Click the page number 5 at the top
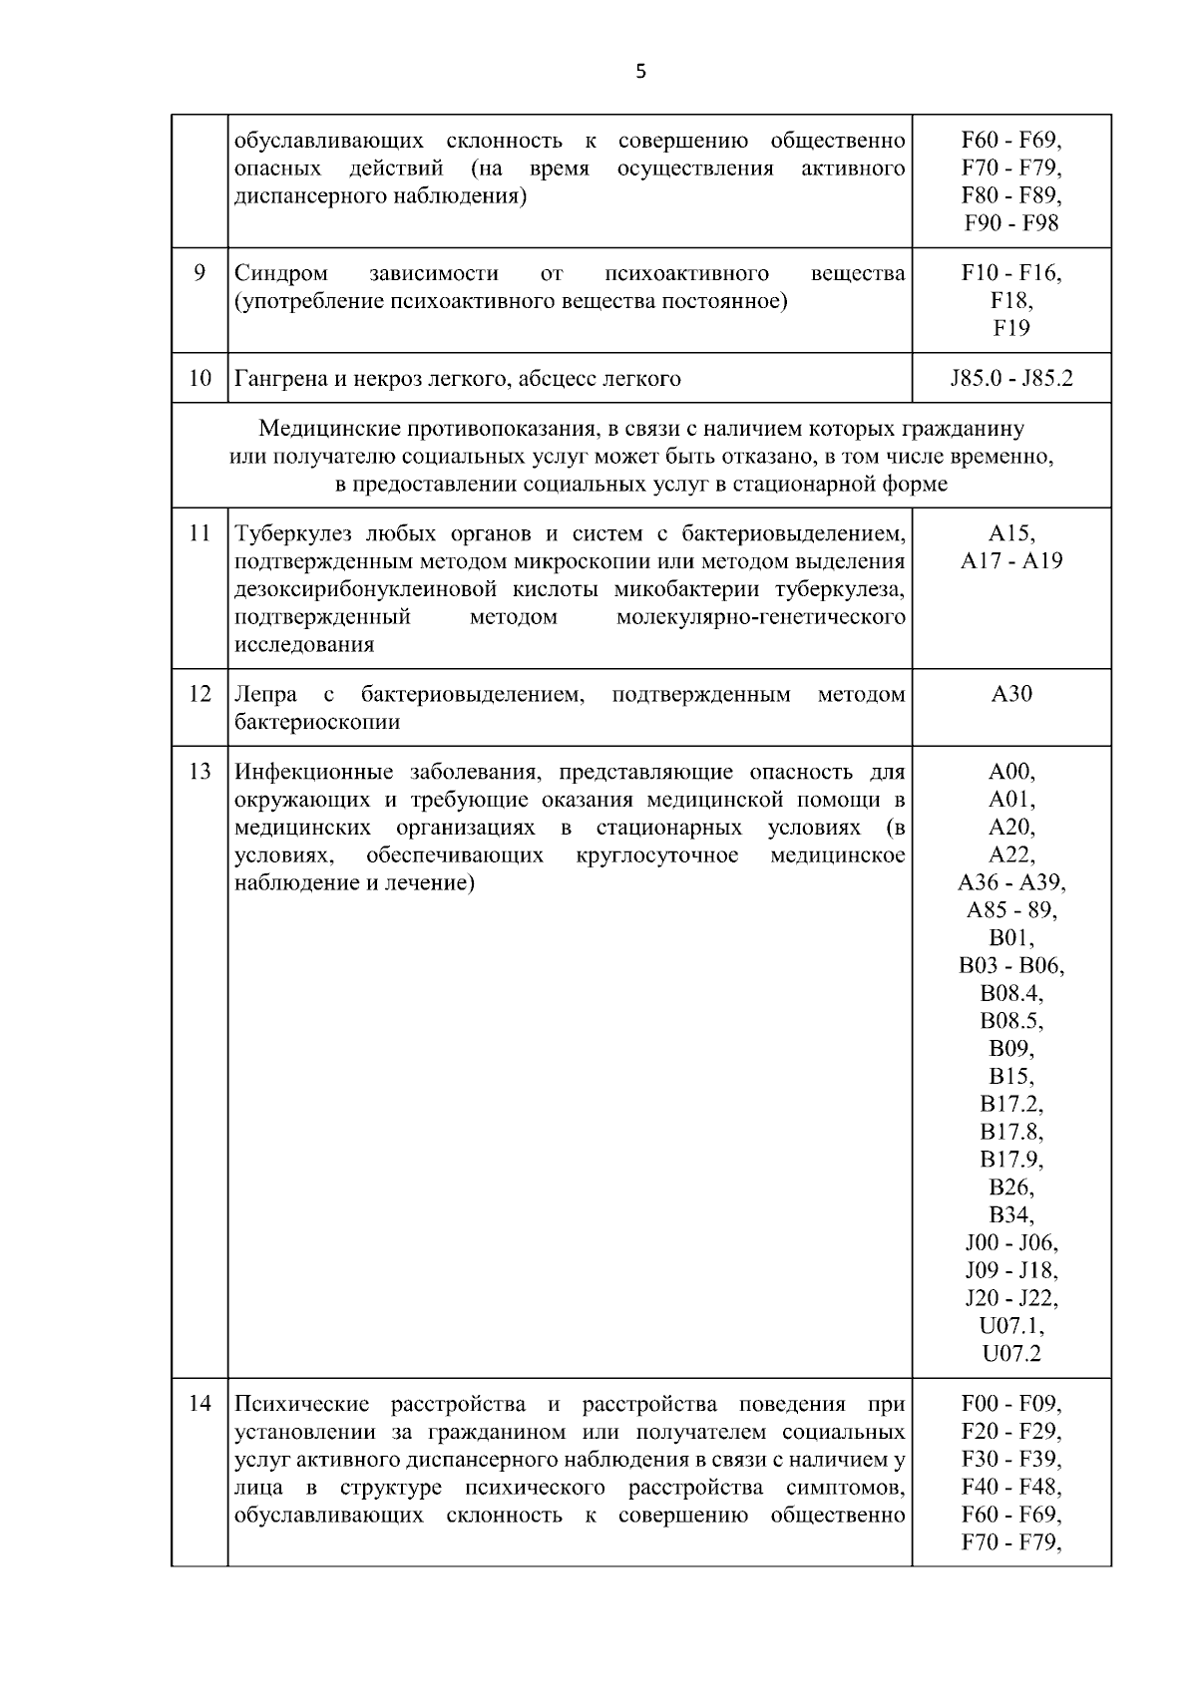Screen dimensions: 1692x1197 coord(640,72)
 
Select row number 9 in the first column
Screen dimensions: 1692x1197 coord(199,272)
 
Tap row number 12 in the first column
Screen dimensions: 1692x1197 coord(199,693)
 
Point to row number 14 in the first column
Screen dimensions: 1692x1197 coord(199,1404)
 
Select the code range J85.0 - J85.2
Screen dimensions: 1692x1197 coord(1011,379)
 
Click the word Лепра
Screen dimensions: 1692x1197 coord(264,694)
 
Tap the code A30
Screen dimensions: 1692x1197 coord(1011,694)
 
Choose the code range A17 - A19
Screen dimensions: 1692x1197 coord(1011,560)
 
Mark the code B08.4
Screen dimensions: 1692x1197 coord(1011,994)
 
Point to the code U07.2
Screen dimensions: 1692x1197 coord(1011,1354)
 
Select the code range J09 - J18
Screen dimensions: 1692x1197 coord(1011,1271)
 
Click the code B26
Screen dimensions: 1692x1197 coord(1011,1187)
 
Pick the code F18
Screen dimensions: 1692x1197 coord(1011,300)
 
